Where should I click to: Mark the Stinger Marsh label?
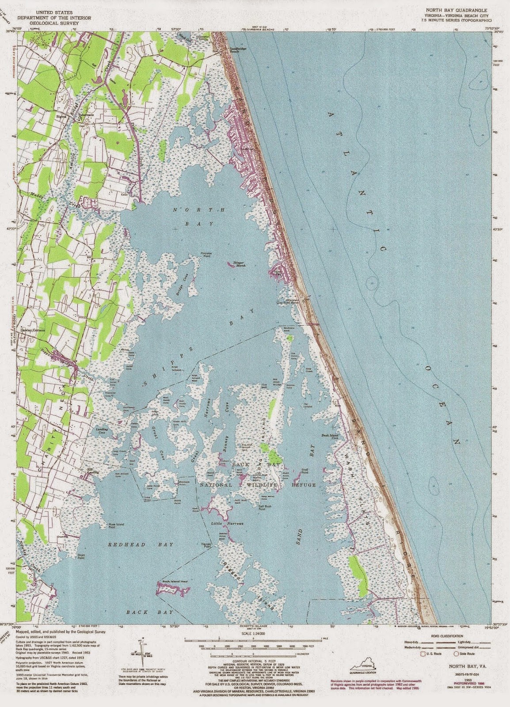point(236,264)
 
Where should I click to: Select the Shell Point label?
point(304,471)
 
